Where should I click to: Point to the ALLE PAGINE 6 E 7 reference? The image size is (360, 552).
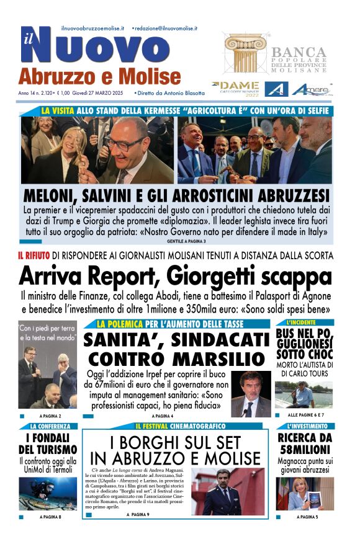(311, 414)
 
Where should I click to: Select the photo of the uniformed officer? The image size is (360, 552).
(220, 492)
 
